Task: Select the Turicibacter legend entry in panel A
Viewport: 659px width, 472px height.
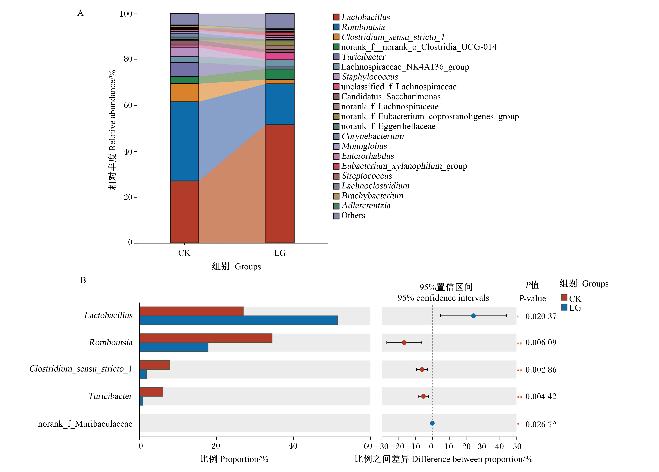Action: (x=359, y=57)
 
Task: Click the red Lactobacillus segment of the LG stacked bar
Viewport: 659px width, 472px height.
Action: (x=280, y=184)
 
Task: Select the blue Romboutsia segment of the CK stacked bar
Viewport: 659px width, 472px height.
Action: (x=185, y=141)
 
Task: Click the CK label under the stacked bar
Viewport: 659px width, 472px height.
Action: (x=185, y=253)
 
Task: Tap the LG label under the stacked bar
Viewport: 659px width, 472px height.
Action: (x=280, y=253)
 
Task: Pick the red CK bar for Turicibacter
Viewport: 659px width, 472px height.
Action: (x=151, y=392)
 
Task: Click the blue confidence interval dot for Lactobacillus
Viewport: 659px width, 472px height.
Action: (x=473, y=316)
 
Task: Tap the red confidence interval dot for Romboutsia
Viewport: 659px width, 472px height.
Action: (x=404, y=343)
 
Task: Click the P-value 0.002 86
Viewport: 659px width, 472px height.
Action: (x=541, y=370)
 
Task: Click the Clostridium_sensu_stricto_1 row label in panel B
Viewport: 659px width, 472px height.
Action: (x=81, y=369)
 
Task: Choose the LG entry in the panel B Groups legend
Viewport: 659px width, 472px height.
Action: (x=571, y=308)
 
